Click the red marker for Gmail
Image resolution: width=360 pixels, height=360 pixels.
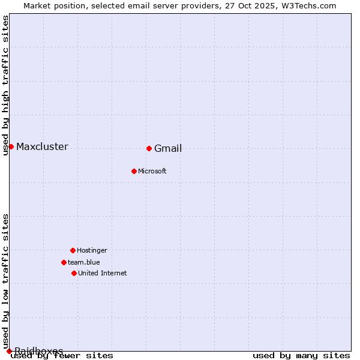(149, 148)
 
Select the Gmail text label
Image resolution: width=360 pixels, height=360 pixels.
(168, 149)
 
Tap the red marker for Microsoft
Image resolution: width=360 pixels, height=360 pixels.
(134, 171)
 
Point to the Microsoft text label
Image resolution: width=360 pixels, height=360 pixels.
(152, 172)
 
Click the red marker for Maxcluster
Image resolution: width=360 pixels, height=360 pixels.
(11, 146)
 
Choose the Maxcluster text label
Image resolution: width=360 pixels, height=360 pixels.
(42, 147)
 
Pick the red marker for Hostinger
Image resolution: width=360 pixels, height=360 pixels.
(73, 250)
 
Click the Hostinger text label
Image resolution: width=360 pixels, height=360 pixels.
(92, 251)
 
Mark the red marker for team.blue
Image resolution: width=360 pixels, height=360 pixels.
(64, 262)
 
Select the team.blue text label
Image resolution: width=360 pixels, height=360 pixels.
(84, 263)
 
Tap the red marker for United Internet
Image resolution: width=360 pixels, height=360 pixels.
(74, 273)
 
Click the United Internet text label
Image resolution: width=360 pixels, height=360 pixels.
(103, 274)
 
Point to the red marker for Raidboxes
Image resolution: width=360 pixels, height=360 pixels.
(9, 351)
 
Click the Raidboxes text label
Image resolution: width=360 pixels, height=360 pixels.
(39, 351)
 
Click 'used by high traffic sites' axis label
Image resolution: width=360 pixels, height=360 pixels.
(6, 85)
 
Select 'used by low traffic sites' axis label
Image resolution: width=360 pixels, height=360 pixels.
(6, 281)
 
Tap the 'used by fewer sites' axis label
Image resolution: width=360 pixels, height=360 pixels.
(62, 356)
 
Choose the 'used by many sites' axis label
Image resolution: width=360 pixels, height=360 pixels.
(301, 356)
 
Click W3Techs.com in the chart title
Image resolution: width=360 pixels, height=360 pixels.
(310, 5)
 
